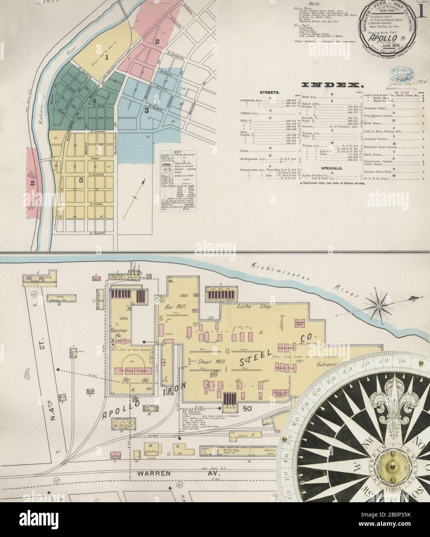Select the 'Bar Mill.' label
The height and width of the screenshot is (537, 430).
pos(173,308)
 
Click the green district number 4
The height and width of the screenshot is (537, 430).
pos(94,101)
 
